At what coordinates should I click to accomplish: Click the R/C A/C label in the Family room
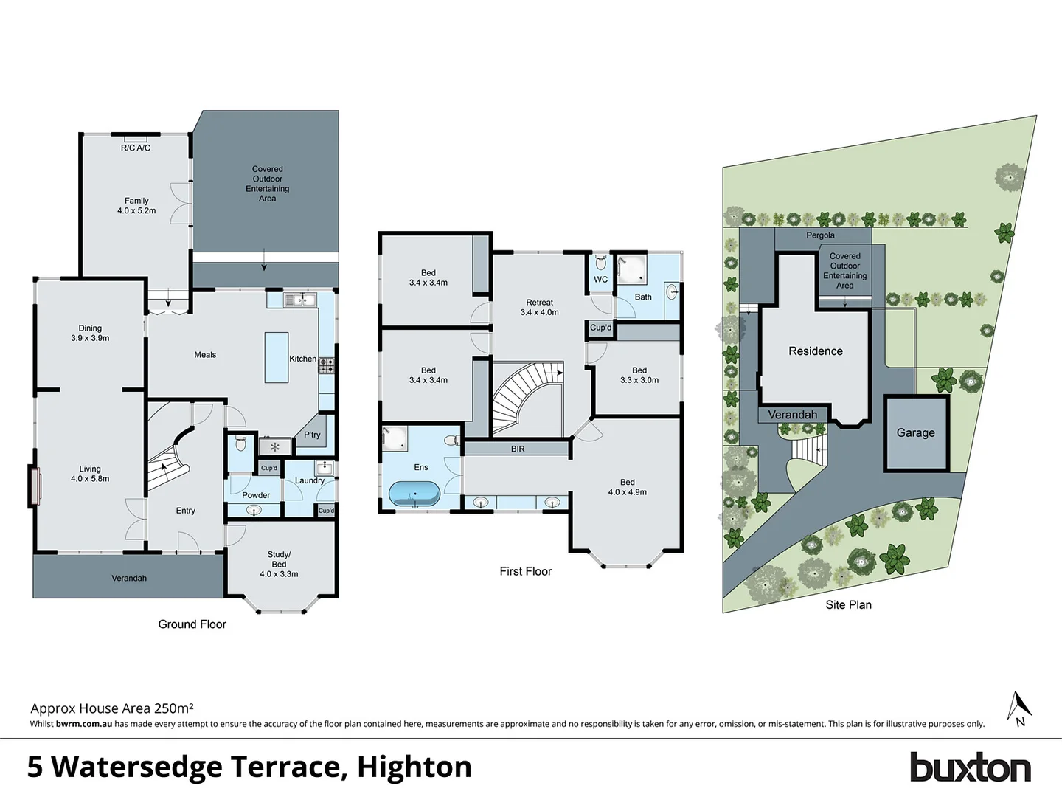136,148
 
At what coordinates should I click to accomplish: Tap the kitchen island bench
277,357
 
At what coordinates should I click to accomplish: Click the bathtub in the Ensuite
414,494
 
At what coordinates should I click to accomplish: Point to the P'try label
312,435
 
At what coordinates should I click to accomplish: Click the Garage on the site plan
915,433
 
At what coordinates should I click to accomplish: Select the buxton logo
970,767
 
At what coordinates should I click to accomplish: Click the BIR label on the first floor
518,449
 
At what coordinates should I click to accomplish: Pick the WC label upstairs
600,280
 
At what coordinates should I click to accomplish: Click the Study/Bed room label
279,564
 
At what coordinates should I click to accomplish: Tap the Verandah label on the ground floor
129,578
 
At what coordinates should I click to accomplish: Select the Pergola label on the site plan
820,235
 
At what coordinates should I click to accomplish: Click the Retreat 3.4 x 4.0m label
539,307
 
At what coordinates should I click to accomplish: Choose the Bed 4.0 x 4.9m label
627,487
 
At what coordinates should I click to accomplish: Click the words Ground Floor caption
192,624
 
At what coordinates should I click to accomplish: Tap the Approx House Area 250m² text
112,708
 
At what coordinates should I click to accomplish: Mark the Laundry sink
324,468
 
